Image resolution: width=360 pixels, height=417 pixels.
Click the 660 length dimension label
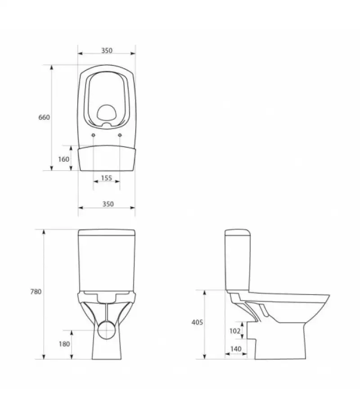point(44,117)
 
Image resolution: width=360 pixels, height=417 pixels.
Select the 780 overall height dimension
point(36,292)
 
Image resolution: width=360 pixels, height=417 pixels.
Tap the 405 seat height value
point(197,323)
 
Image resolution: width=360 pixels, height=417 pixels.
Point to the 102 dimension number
point(235,331)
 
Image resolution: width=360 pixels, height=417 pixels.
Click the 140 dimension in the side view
point(236,349)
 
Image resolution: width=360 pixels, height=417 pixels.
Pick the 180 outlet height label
point(64,344)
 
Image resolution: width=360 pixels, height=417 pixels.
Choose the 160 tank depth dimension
point(63,159)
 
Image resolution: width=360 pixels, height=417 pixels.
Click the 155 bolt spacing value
point(107,178)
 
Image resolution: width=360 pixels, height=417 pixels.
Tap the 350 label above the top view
point(107,50)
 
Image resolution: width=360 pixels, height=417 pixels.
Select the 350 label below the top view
point(108,204)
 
